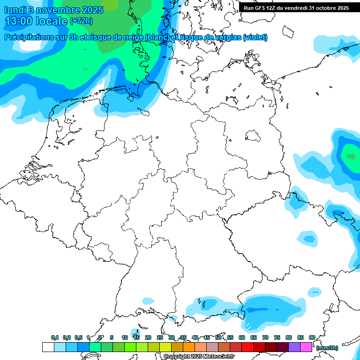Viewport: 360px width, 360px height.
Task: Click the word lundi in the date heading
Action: [x=15, y=10]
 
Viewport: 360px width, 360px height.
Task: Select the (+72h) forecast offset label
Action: [x=81, y=22]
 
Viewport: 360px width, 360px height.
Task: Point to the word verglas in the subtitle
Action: [x=225, y=37]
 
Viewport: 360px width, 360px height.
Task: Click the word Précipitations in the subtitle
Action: [x=30, y=37]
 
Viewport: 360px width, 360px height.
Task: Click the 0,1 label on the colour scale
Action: [x=55, y=337]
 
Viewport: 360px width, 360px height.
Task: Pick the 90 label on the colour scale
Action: [x=312, y=337]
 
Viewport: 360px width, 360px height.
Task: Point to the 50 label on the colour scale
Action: [x=218, y=337]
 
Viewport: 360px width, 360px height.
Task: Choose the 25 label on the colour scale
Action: [x=160, y=337]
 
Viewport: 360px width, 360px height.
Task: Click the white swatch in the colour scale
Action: [x=48, y=347]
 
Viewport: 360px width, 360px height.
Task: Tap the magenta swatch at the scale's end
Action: [x=306, y=347]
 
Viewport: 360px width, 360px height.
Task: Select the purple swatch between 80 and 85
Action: [x=294, y=347]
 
